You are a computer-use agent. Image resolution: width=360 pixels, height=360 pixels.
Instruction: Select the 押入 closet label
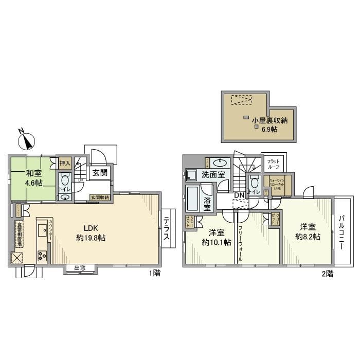(x=65, y=163)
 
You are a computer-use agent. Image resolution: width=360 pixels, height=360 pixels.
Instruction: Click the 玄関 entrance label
(x=100, y=173)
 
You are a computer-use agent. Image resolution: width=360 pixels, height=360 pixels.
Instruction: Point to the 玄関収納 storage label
(x=100, y=197)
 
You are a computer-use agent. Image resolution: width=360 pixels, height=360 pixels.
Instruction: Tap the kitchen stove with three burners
(x=42, y=255)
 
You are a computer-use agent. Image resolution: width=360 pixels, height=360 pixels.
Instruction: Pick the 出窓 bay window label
(x=80, y=268)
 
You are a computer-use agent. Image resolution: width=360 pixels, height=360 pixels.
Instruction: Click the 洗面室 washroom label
(x=212, y=175)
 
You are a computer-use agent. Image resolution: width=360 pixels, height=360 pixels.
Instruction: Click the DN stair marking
(x=239, y=195)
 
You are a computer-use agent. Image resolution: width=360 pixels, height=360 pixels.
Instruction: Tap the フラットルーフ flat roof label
(x=273, y=164)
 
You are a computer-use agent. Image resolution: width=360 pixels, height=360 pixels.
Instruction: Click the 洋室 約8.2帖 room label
(x=307, y=231)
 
